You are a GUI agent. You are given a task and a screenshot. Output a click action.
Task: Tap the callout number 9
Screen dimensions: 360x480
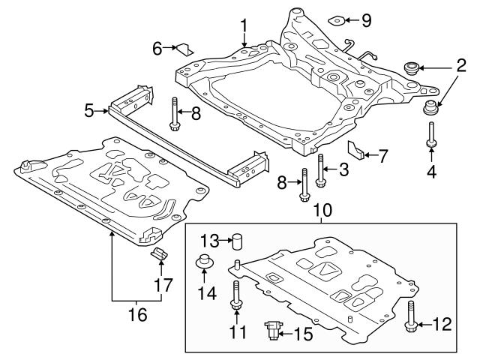[366, 19]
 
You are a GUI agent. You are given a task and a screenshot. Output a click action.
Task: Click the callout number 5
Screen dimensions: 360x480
[89, 111]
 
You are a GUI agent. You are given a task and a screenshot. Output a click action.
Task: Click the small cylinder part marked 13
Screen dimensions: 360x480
[237, 241]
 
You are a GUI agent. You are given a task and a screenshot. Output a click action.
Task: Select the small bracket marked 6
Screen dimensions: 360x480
[181, 49]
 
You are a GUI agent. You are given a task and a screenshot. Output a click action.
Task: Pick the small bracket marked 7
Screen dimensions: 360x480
[360, 152]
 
